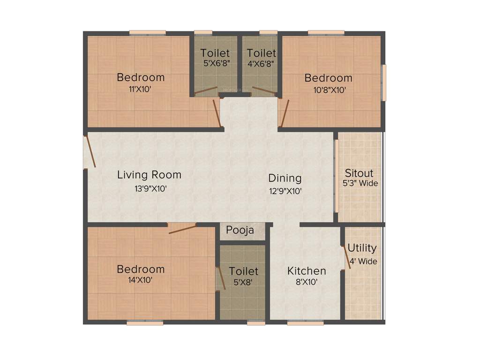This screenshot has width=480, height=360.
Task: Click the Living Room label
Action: tap(149, 175)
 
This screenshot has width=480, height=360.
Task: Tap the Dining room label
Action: tap(285, 178)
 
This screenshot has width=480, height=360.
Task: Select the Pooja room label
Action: tap(240, 230)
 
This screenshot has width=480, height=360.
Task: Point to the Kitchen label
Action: tap(307, 271)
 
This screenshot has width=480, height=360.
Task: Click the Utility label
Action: tap(362, 248)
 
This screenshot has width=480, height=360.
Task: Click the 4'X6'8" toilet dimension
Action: tap(262, 63)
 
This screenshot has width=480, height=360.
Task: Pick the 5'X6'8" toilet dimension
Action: tap(215, 63)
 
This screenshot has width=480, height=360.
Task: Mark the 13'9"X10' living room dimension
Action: tap(149, 188)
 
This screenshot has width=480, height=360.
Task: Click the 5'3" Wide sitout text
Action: tap(360, 183)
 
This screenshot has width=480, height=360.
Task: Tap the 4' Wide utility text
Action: tap(362, 261)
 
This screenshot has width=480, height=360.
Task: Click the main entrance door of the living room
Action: tap(90, 152)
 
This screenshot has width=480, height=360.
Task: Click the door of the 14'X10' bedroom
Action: tap(183, 228)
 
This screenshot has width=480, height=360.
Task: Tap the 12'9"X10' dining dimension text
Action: tap(285, 191)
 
